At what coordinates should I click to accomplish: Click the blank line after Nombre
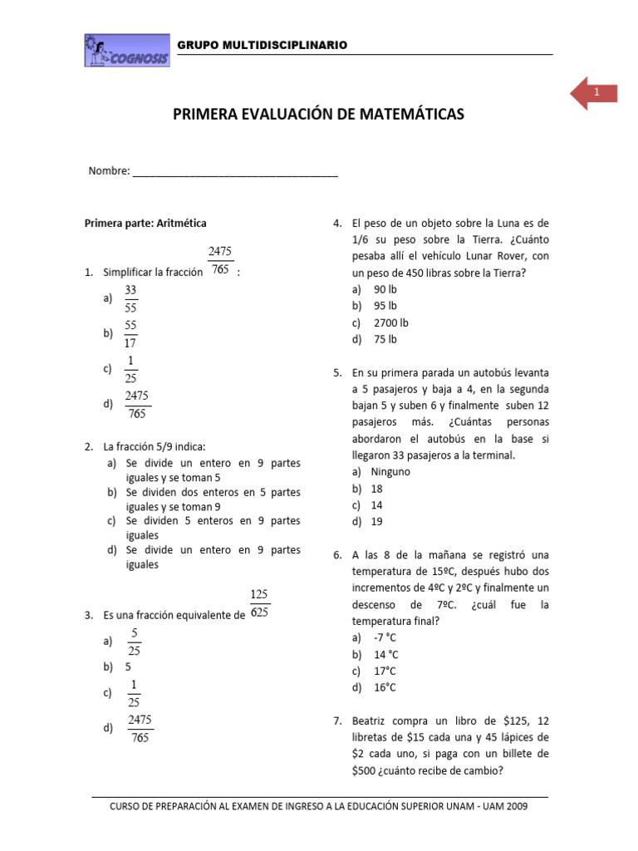235,172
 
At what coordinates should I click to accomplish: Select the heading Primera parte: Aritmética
146,223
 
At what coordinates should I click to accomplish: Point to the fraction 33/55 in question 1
130,298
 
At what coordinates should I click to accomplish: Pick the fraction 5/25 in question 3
134,642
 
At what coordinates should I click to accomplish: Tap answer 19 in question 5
377,522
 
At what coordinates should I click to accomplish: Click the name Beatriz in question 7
371,721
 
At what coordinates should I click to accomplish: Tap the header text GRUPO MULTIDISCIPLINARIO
263,44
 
